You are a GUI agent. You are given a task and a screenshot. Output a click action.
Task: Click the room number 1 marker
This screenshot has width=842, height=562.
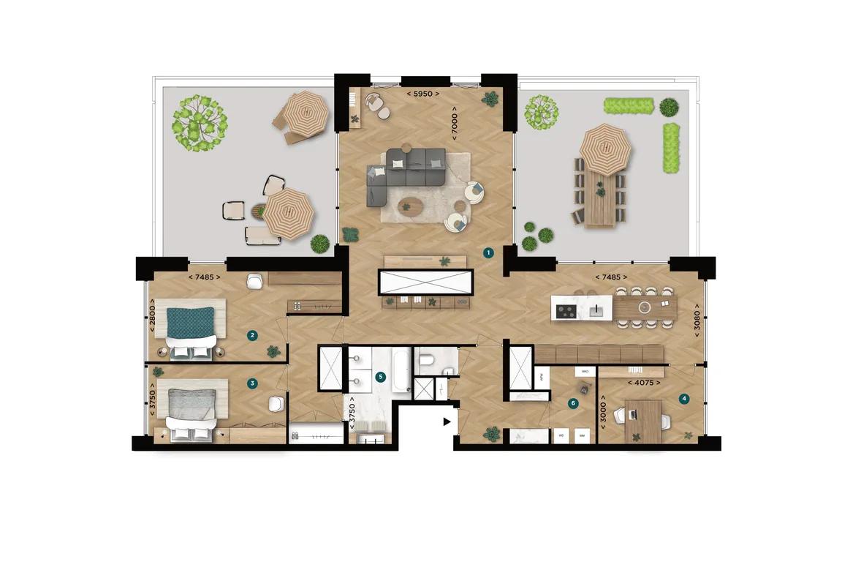pos(489,252)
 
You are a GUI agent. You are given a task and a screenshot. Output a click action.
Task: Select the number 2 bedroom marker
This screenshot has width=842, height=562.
pos(252,335)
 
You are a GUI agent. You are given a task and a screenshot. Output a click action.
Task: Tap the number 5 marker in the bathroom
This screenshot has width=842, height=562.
pos(379,377)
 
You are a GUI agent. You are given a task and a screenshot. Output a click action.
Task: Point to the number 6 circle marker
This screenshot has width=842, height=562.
pos(573,402)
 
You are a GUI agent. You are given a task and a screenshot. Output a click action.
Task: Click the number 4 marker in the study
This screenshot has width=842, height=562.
pos(683,399)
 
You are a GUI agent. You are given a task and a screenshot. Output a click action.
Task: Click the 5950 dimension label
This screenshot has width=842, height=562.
pos(425,94)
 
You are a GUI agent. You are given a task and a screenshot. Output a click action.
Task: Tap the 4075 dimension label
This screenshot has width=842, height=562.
pos(644,382)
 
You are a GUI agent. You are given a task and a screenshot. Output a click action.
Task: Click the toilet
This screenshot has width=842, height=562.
pos(428,360)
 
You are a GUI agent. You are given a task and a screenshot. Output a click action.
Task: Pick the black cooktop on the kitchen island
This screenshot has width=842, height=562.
pos(566,311)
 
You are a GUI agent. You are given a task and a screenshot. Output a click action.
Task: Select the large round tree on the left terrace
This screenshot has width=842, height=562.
pos(199,122)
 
